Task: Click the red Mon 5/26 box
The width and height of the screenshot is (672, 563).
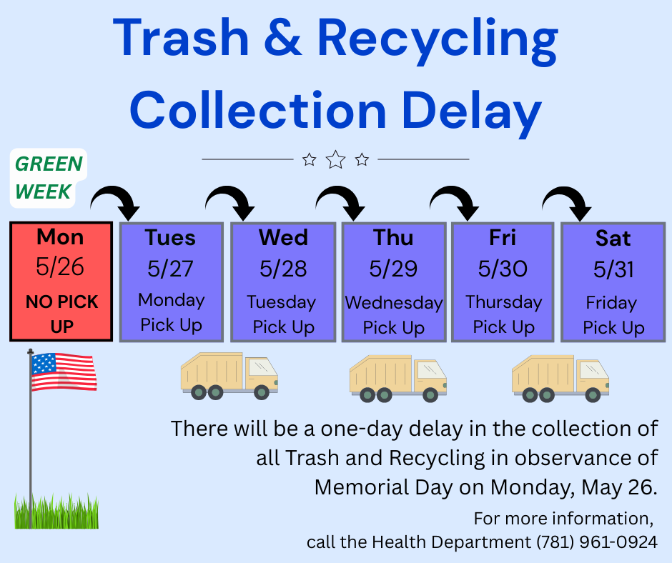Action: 61,281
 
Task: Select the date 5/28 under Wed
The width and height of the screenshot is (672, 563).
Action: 283,269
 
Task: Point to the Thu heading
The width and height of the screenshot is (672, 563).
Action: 393,238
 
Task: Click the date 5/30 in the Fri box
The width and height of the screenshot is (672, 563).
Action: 503,269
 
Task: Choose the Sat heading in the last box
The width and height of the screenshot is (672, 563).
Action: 613,238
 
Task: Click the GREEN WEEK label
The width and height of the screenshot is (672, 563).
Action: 49,178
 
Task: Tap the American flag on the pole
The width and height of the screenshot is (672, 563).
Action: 64,372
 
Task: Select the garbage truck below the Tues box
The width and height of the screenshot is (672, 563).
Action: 229,376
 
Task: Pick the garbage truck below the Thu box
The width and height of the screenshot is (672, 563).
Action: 397,379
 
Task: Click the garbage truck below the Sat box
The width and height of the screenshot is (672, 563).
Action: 560,379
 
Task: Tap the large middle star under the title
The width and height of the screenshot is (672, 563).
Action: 335,160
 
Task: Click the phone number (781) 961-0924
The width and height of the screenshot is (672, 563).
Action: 597,542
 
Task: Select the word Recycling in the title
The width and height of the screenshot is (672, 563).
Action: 438,40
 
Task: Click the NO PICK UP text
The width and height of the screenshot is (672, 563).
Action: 61,314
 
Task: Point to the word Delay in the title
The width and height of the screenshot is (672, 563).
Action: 470,110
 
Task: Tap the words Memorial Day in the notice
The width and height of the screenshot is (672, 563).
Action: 383,487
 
